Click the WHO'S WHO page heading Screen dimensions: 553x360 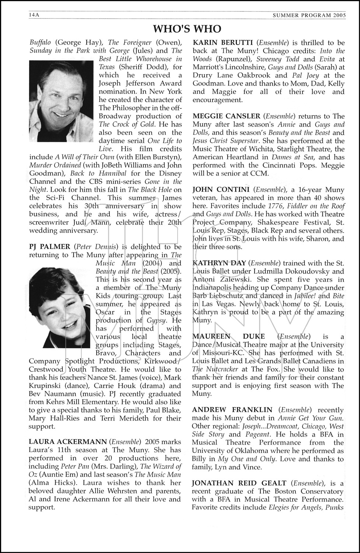pyautogui.click(x=187, y=29)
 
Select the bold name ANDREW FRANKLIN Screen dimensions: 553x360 pyautogui.click(x=232, y=410)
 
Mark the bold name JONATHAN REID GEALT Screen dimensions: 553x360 pyautogui.click(x=239, y=483)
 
